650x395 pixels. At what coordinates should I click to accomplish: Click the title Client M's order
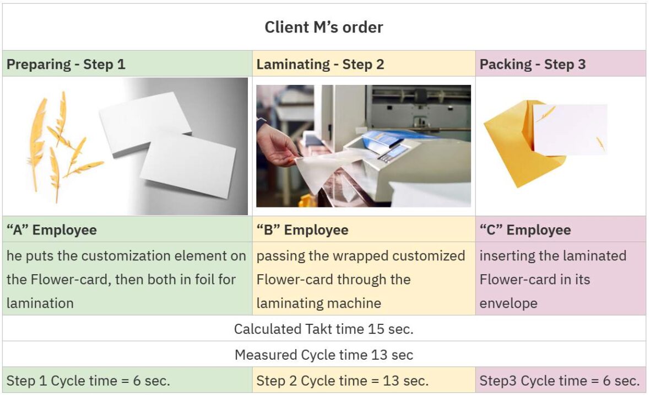(x=324, y=27)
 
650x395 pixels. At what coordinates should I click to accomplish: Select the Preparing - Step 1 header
(x=66, y=64)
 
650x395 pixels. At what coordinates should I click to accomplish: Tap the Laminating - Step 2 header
(x=320, y=64)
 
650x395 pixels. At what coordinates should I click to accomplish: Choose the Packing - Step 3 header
(x=525, y=64)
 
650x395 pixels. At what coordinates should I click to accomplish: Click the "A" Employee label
(x=51, y=229)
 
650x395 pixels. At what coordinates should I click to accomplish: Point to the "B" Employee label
(x=302, y=229)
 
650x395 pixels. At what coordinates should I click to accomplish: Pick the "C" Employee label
(x=525, y=229)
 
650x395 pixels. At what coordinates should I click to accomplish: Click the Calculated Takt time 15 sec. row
(x=324, y=329)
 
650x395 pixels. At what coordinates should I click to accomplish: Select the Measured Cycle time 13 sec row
(x=324, y=355)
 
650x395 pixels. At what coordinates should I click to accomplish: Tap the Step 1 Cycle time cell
(x=89, y=381)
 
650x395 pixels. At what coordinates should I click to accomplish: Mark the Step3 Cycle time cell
(x=560, y=381)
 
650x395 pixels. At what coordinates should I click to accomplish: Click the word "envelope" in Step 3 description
(x=508, y=303)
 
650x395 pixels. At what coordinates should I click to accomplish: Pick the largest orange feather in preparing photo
(x=37, y=143)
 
